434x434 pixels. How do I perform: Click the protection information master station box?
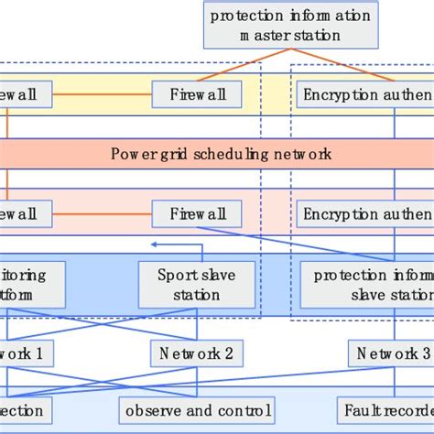290,27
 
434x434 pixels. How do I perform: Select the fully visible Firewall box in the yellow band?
196,93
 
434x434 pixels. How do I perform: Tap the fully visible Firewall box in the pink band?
196,213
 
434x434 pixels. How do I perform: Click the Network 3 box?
390,353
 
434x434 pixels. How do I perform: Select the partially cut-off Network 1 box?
26,353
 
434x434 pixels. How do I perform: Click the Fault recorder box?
386,409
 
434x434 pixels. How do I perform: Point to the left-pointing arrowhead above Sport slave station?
154,244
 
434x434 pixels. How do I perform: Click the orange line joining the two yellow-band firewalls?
101,93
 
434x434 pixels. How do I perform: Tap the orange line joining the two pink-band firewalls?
101,213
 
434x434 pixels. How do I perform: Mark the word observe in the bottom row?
154,409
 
